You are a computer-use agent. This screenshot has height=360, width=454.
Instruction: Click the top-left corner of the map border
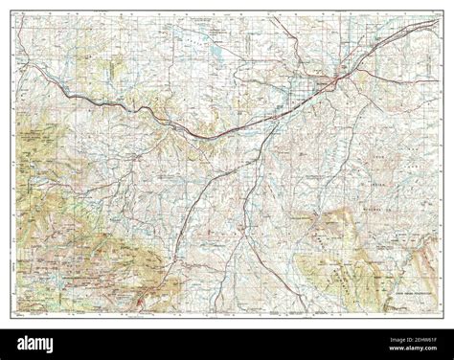(x=14, y=12)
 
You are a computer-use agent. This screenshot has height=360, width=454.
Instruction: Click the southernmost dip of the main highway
(x=206, y=135)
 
